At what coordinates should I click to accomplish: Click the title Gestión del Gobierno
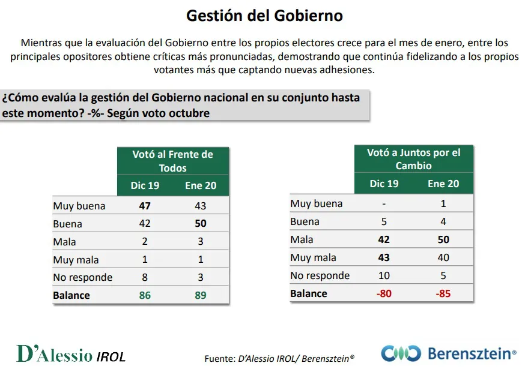(x=264, y=15)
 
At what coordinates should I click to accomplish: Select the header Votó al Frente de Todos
(x=172, y=161)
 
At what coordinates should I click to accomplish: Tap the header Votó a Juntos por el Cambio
(x=413, y=159)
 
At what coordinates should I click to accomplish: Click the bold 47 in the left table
(x=145, y=206)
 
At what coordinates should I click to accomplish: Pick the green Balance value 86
(x=145, y=295)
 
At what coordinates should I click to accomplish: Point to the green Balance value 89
(x=201, y=295)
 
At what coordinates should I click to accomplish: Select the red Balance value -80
(x=384, y=293)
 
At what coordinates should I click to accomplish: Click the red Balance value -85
(x=443, y=293)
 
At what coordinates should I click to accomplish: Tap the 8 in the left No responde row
(x=145, y=277)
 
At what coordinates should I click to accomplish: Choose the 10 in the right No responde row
(x=384, y=275)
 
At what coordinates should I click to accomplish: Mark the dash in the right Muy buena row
(x=384, y=203)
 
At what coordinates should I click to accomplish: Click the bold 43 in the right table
(x=384, y=257)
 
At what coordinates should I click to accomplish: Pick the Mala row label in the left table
(x=64, y=242)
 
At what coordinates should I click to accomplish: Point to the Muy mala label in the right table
(x=313, y=257)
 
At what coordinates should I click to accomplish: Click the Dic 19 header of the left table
(x=145, y=185)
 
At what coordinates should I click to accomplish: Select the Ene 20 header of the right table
(x=443, y=184)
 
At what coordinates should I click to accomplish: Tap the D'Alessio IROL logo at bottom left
(x=71, y=354)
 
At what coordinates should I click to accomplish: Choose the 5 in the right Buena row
(x=384, y=221)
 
